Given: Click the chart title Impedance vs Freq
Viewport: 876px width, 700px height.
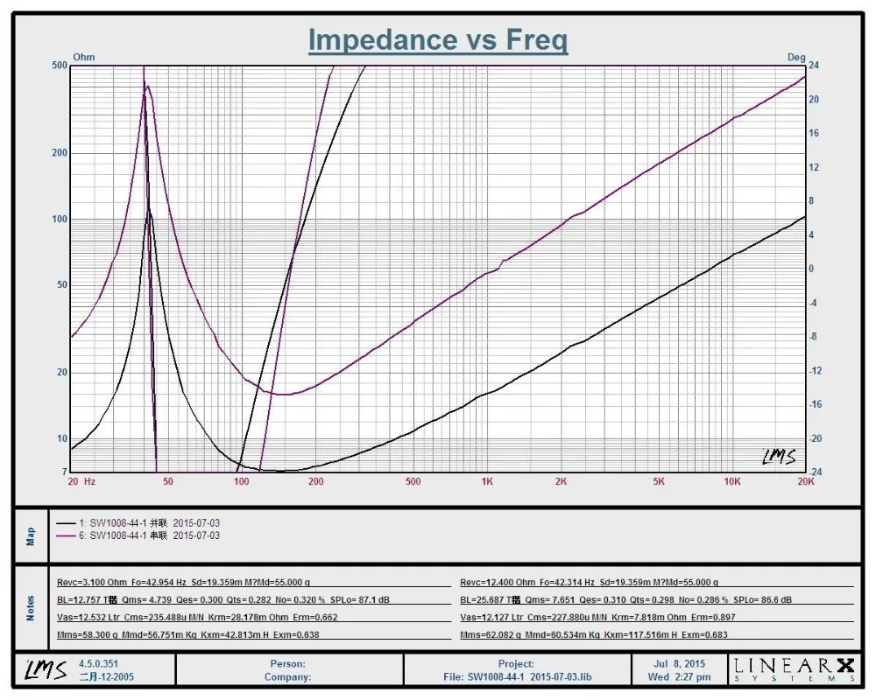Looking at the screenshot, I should click(438, 40).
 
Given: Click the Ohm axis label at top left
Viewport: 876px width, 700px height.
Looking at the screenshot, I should click(83, 58).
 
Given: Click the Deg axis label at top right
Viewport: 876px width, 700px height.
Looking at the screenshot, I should click(795, 58).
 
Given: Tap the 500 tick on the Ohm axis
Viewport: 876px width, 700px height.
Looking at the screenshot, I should click(60, 66).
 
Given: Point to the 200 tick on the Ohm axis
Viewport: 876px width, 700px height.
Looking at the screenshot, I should click(60, 153).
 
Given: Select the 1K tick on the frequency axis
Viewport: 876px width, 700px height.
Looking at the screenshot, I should click(487, 481).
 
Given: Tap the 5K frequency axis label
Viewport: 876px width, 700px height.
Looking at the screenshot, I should click(659, 481).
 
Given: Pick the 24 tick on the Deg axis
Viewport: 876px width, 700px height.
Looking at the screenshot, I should click(813, 66).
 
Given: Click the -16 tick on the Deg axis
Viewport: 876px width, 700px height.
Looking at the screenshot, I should click(815, 404).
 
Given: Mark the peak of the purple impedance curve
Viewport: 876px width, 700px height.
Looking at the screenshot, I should click(147, 86).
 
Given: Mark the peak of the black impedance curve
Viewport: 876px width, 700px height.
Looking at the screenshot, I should click(150, 210).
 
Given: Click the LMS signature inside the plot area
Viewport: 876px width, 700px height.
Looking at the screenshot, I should click(778, 457).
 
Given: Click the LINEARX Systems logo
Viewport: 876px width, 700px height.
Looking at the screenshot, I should click(795, 669).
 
